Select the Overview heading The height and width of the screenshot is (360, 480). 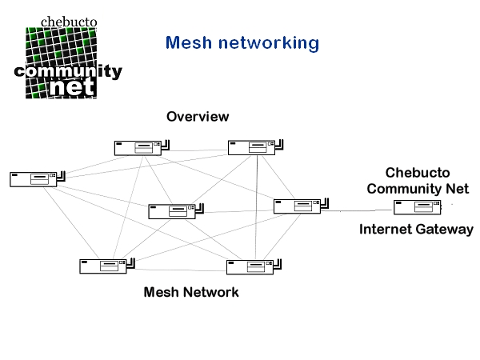(198, 117)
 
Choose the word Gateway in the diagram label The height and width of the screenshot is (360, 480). (449, 230)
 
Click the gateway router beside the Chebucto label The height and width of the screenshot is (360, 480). (415, 208)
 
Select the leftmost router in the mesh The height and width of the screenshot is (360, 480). (33, 179)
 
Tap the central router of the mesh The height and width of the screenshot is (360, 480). (170, 211)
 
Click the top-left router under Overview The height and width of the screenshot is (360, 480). (137, 147)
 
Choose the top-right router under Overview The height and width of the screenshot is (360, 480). (251, 147)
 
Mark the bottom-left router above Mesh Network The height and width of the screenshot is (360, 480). (102, 266)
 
